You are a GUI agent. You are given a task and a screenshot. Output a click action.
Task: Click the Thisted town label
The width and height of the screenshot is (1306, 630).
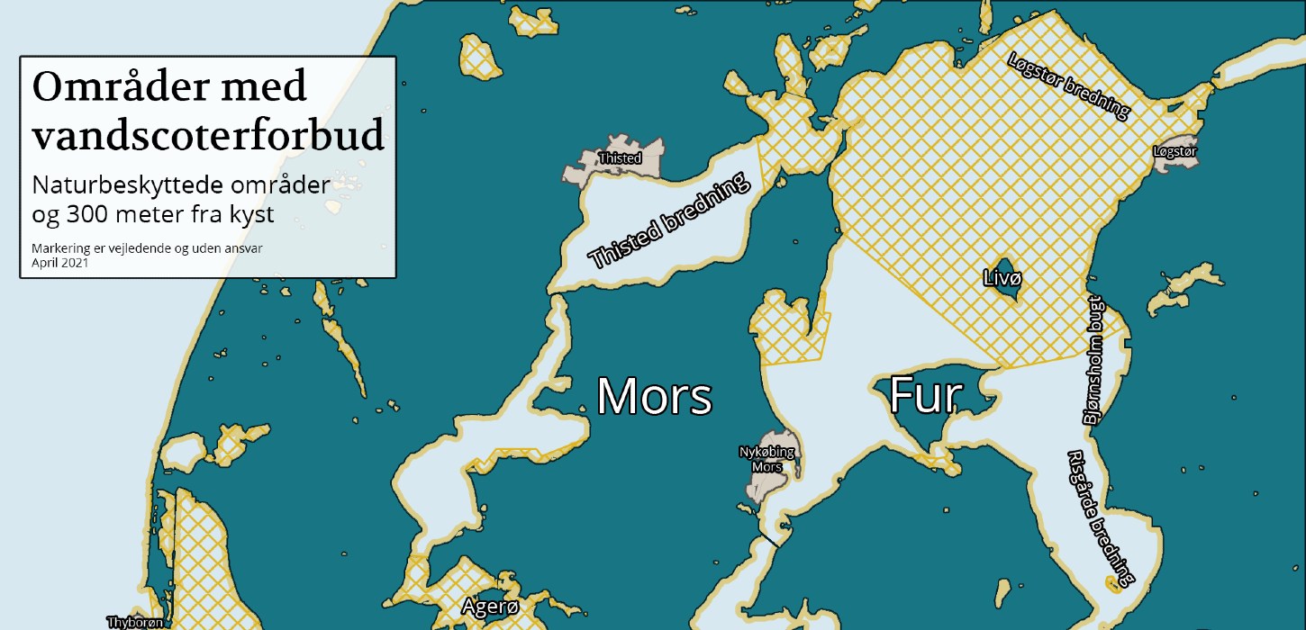620,158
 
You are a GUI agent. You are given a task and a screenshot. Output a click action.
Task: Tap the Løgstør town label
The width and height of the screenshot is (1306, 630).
1174,152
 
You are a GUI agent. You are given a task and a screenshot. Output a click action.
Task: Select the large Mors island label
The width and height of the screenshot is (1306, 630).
655,396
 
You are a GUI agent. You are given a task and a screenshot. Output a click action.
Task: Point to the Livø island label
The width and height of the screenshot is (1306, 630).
1002,278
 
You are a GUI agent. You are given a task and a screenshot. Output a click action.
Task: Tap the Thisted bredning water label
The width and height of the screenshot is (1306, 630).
669,221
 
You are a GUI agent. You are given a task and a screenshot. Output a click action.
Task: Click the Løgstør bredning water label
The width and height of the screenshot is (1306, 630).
1067,85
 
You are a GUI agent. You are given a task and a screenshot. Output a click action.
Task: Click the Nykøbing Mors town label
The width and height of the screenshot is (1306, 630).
758,459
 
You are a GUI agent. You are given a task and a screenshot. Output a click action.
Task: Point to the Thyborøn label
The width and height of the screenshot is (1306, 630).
135,622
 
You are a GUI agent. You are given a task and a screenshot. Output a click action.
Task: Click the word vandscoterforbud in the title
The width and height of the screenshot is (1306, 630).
208,135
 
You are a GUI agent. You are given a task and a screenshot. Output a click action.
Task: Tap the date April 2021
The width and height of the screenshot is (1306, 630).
59,264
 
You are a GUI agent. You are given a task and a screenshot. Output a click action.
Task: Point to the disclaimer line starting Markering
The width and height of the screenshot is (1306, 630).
147,248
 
